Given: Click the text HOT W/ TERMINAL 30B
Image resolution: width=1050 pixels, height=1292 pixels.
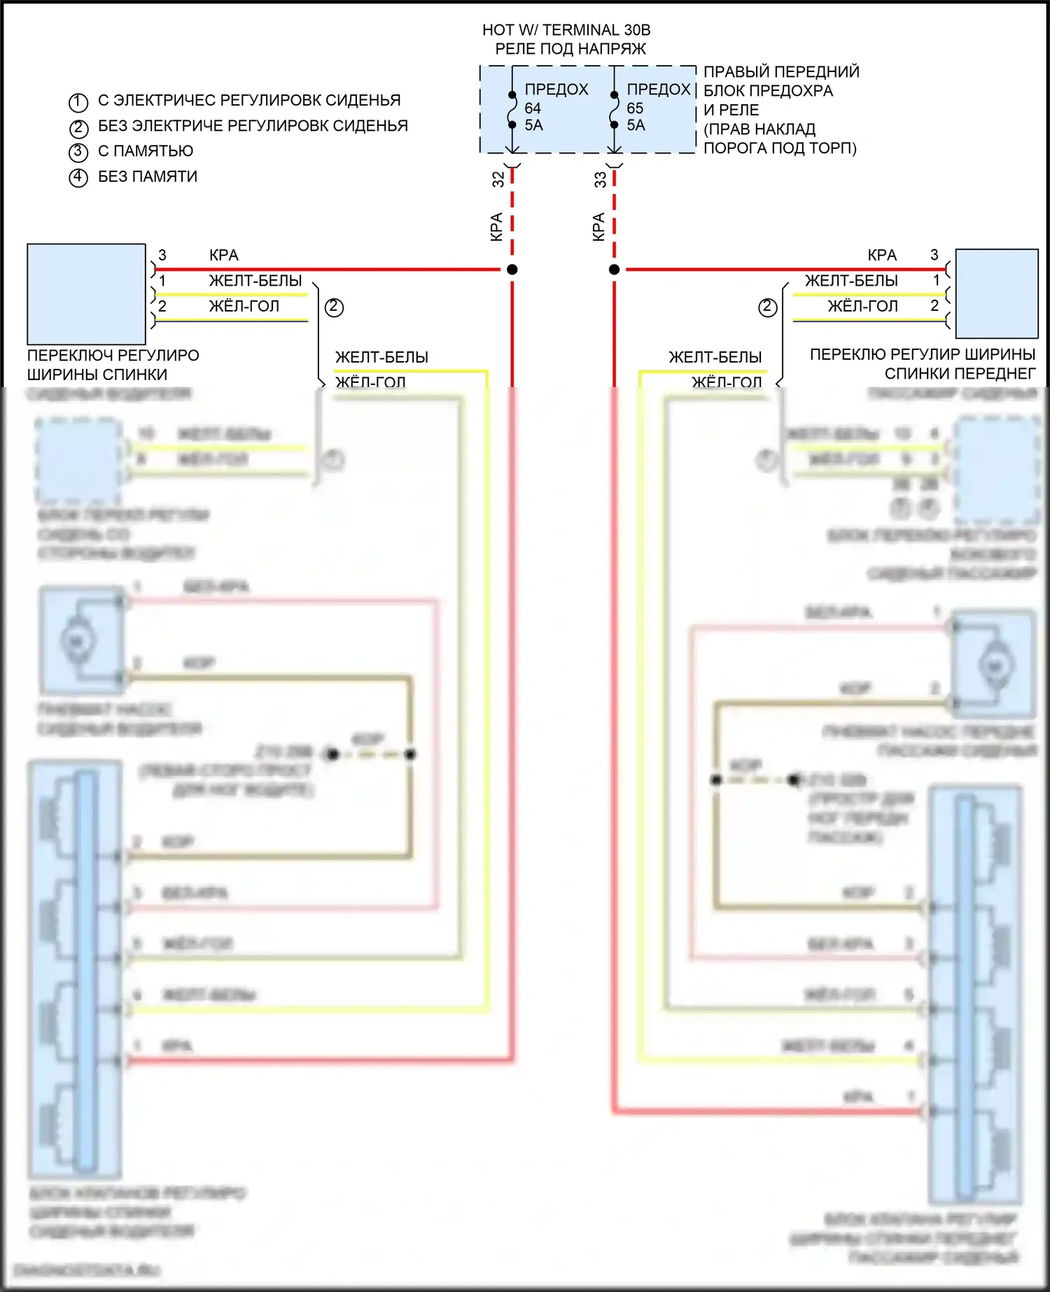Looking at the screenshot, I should pyautogui.click(x=566, y=30).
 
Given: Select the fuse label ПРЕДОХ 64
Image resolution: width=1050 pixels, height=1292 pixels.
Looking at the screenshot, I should pyautogui.click(x=556, y=98).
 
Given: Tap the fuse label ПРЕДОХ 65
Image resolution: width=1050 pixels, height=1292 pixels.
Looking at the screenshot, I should pyautogui.click(x=658, y=98).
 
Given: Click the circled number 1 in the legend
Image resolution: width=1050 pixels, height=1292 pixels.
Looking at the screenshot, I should pyautogui.click(x=78, y=102).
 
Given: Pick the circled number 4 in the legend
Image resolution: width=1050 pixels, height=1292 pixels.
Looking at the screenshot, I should pyautogui.click(x=78, y=178).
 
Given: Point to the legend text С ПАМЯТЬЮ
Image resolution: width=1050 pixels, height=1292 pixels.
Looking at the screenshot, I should pyautogui.click(x=146, y=151).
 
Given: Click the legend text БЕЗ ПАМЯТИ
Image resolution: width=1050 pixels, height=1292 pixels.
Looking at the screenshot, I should pyautogui.click(x=148, y=176).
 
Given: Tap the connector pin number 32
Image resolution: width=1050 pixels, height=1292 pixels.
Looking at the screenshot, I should pyautogui.click(x=498, y=179).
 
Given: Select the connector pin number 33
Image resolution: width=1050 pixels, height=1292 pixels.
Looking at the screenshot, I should pyautogui.click(x=600, y=179).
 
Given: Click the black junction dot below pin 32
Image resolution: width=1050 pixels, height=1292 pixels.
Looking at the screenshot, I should pyautogui.click(x=512, y=269).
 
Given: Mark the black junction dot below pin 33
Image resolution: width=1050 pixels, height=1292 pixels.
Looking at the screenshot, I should pyautogui.click(x=614, y=269).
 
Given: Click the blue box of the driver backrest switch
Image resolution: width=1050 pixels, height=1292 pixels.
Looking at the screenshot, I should pyautogui.click(x=86, y=294).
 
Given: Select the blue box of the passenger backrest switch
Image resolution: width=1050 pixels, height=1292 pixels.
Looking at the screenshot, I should pyautogui.click(x=997, y=294).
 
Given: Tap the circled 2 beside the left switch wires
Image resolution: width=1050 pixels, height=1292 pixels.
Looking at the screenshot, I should pyautogui.click(x=334, y=307).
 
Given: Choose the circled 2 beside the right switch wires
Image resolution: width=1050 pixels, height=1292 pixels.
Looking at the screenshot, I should pyautogui.click(x=767, y=307).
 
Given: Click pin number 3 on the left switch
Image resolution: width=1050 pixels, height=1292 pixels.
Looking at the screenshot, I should pyautogui.click(x=162, y=255).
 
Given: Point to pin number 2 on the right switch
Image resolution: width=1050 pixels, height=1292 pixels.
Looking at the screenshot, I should pyautogui.click(x=934, y=306).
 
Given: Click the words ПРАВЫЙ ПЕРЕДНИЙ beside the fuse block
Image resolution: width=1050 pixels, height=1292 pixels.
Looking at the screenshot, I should pyautogui.click(x=781, y=72).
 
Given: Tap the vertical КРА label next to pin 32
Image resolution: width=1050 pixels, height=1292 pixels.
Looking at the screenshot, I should pyautogui.click(x=496, y=227).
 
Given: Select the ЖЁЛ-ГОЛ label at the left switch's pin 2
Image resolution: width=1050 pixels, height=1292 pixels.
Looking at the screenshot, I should pyautogui.click(x=244, y=306).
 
